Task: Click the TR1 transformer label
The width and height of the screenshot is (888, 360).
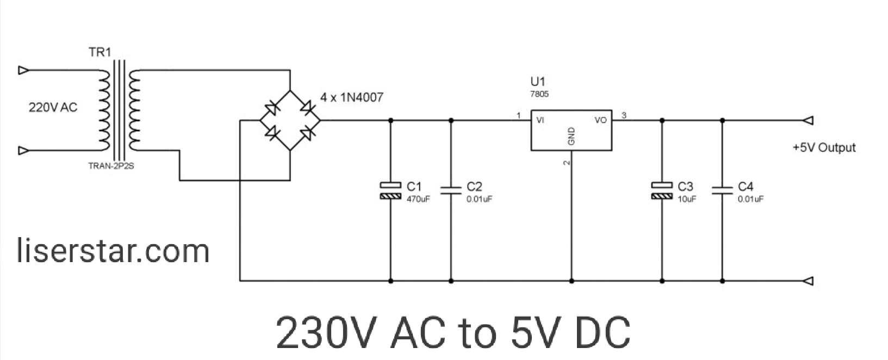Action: (x=100, y=52)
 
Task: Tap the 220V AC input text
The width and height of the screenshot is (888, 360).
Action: (x=53, y=108)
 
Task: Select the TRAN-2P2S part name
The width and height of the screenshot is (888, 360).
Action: (x=111, y=166)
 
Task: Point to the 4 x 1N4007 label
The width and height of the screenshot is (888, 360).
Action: (x=352, y=97)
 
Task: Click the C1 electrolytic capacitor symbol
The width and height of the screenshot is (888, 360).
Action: (x=390, y=190)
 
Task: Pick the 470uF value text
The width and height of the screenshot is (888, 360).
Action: (x=418, y=199)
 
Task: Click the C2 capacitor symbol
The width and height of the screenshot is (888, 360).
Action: (x=451, y=190)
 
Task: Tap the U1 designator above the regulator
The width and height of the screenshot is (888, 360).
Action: (x=538, y=82)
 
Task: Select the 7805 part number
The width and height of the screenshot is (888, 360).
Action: (x=539, y=95)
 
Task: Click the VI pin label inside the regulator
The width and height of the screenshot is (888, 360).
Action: (x=541, y=120)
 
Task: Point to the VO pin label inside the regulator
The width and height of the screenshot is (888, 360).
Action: (x=600, y=120)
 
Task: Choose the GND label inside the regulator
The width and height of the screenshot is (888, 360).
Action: (x=572, y=136)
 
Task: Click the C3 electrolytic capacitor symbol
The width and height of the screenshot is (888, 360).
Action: (x=662, y=190)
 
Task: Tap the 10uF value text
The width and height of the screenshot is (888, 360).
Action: (x=687, y=199)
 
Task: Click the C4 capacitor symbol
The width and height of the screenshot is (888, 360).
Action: (x=722, y=190)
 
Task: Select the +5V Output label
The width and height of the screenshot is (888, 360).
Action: (x=824, y=147)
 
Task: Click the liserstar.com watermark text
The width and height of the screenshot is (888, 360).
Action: (x=113, y=251)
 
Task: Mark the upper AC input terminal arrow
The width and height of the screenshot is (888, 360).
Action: (x=23, y=71)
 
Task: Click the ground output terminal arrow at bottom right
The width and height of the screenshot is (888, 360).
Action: (x=808, y=281)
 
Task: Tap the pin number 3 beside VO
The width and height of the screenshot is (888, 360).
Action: (x=624, y=115)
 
